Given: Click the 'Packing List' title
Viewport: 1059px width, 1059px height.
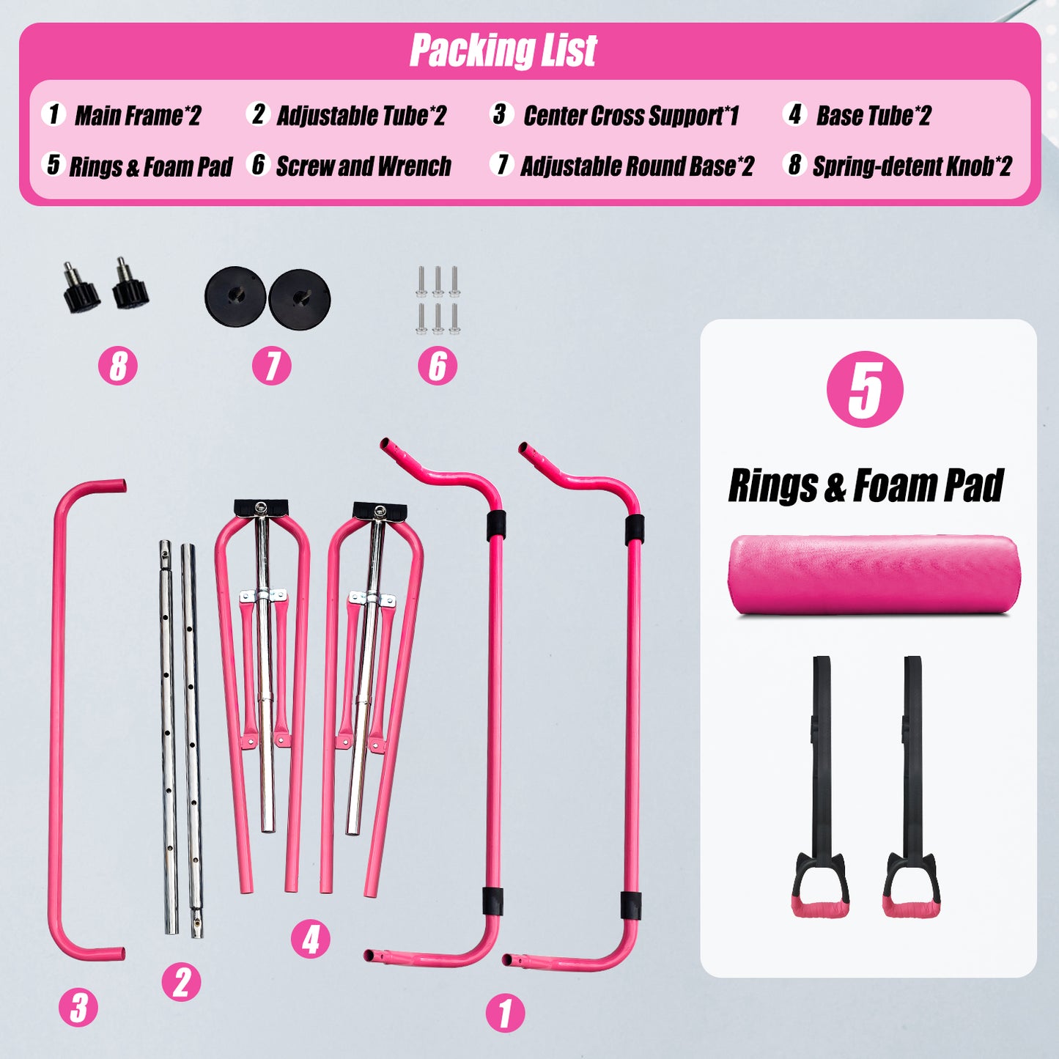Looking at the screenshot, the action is (x=503, y=51).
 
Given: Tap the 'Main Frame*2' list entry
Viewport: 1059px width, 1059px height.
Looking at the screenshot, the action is (x=138, y=115).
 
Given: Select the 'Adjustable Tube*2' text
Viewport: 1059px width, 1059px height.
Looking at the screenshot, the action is (x=361, y=115).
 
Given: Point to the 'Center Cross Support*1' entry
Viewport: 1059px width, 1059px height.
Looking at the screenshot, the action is (x=631, y=115).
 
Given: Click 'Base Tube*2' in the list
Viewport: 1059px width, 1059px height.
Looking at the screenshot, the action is (x=874, y=115).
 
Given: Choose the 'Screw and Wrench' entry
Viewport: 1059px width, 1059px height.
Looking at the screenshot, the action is (x=364, y=166).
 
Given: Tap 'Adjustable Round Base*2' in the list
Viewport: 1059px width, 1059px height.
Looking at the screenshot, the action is (x=637, y=166).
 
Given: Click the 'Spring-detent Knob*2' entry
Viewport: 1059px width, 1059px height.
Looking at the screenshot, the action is (x=912, y=166).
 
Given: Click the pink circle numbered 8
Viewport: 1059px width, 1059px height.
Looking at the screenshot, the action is (x=118, y=366).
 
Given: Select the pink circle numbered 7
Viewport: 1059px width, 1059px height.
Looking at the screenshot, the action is (x=272, y=366).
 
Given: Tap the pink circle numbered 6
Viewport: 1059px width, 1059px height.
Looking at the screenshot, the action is (x=438, y=366).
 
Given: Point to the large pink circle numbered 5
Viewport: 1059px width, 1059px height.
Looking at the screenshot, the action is (x=865, y=389).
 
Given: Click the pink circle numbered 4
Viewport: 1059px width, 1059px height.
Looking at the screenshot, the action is (x=311, y=939).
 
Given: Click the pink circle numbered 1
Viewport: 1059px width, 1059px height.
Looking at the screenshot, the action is (x=505, y=1013).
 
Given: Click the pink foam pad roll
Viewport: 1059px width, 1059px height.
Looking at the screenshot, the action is (x=874, y=575).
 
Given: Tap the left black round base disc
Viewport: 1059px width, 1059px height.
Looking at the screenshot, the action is (x=235, y=297).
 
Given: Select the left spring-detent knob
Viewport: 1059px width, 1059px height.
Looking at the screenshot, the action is (x=81, y=287).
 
